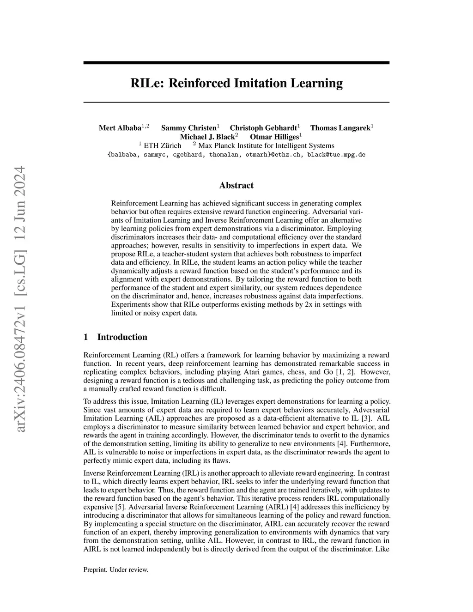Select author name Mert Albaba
click(120, 128)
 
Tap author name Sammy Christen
click(188, 128)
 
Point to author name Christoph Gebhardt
click(263, 128)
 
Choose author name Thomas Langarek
click(340, 128)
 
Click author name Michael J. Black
click(207, 137)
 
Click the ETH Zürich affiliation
click(163, 145)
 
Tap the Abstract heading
click(236, 186)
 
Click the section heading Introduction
click(122, 337)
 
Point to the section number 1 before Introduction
click(86, 337)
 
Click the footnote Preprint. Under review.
click(115, 570)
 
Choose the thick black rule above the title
click(236, 62)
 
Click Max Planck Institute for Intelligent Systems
click(263, 145)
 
